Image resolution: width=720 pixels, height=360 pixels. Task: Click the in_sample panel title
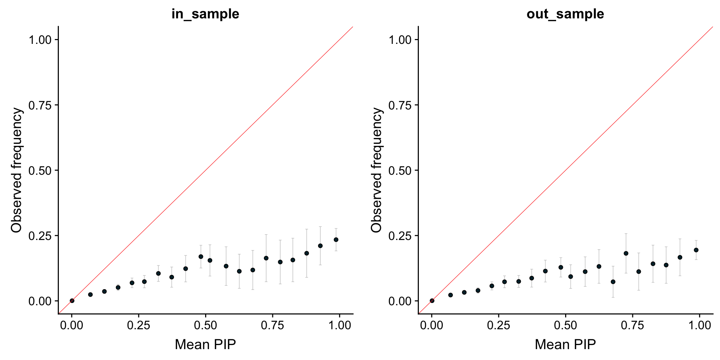point(205,14)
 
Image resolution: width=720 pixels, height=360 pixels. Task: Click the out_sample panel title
point(565,14)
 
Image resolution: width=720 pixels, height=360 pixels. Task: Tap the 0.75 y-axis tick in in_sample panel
point(40,105)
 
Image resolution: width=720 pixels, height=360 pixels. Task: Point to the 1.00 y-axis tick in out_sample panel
point(400,40)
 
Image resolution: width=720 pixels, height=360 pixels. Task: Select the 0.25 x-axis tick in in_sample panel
point(138,325)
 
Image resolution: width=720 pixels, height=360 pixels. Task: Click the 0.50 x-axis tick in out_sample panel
point(565,325)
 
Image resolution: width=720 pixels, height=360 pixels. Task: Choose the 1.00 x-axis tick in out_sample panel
point(699,325)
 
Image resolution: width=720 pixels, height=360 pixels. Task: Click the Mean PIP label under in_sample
point(205,344)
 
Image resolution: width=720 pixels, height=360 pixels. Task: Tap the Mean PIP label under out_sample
point(565,344)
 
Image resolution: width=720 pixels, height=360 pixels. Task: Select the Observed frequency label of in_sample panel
point(16,170)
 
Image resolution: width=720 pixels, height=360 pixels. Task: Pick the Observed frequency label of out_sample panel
point(376,170)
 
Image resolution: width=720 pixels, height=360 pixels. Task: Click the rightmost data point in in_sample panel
point(336,240)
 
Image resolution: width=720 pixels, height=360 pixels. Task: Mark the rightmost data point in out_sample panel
point(696,250)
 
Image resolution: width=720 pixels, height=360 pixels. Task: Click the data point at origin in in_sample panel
point(72,301)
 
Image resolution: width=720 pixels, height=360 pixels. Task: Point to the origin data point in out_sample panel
point(432,301)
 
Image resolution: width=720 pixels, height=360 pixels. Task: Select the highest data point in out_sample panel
point(696,250)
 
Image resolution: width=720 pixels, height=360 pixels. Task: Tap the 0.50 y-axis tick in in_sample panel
point(40,171)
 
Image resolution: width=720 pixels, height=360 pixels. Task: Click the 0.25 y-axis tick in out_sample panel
point(400,236)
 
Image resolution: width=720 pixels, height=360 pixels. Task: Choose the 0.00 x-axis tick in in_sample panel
point(72,325)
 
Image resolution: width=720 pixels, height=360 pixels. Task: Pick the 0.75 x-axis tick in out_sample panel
point(633,325)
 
